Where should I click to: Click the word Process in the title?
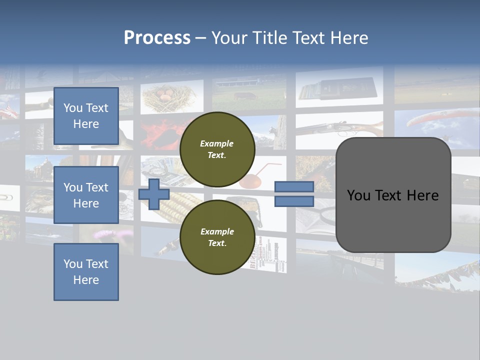157,38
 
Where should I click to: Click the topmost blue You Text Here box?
86,116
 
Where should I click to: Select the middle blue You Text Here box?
86,195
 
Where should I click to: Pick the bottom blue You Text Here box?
86,272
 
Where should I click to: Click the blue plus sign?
154,194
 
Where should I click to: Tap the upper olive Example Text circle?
217,149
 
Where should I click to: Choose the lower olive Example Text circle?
217,237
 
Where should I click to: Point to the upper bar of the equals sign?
294,186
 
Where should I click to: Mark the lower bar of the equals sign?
294,201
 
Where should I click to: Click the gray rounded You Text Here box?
393,195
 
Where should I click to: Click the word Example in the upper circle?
217,144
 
